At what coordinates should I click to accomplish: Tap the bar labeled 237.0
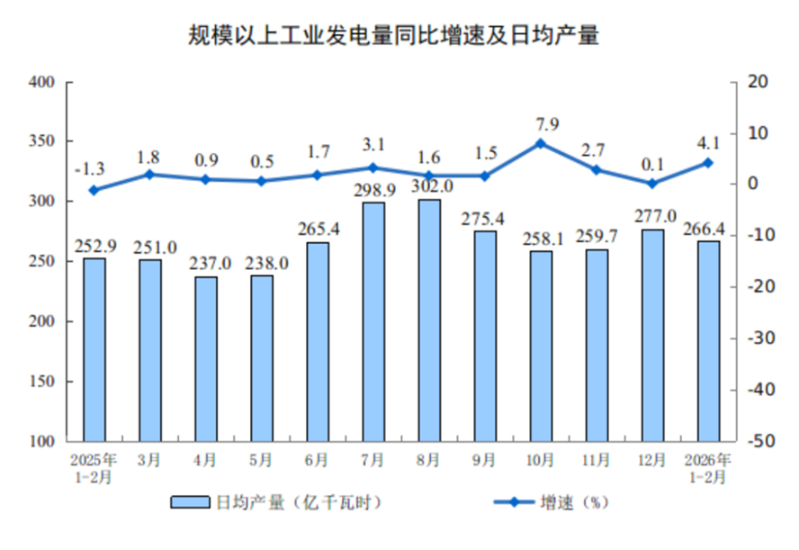pyautogui.click(x=206, y=358)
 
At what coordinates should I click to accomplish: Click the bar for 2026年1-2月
pyautogui.click(x=709, y=340)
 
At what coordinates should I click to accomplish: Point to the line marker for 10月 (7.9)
pyautogui.click(x=540, y=143)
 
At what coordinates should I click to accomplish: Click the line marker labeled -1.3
pyautogui.click(x=94, y=190)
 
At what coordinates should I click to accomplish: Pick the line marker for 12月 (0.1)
pyautogui.click(x=652, y=183)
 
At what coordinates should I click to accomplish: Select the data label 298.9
pyautogui.click(x=373, y=188)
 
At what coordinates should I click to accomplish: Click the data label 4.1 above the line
pyautogui.click(x=708, y=141)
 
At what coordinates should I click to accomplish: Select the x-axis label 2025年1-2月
pyautogui.click(x=94, y=468)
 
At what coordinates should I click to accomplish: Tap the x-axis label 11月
pyautogui.click(x=597, y=461)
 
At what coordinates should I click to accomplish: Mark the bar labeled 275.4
pyautogui.click(x=485, y=336)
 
